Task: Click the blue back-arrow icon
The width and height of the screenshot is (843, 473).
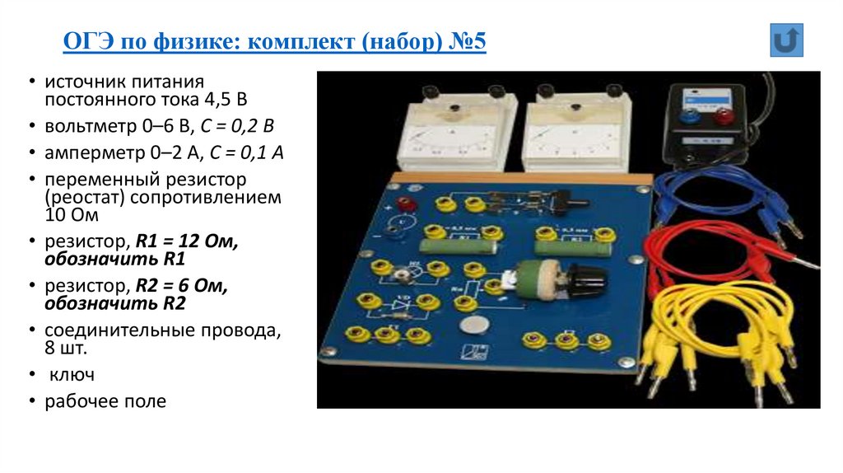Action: click(786, 40)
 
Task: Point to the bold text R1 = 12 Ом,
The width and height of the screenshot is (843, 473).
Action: click(186, 242)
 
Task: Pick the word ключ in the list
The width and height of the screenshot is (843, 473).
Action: click(70, 375)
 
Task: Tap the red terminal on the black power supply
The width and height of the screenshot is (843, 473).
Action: click(724, 117)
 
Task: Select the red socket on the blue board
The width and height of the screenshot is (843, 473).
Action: click(405, 204)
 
